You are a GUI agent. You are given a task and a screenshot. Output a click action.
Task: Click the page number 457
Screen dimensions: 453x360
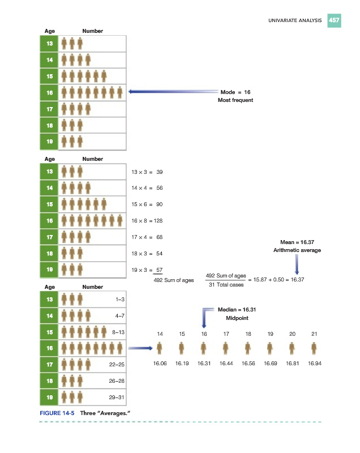click(x=334, y=20)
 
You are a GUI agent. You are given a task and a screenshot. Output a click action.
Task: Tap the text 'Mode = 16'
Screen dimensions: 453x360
click(x=235, y=91)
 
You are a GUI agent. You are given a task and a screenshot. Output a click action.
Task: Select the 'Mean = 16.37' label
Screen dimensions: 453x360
click(x=297, y=242)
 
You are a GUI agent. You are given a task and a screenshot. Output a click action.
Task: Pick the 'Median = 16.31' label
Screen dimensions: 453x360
click(x=237, y=310)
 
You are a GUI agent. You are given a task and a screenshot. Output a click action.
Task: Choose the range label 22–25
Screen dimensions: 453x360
click(x=119, y=365)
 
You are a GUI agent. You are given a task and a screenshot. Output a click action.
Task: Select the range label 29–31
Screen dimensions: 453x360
click(x=119, y=399)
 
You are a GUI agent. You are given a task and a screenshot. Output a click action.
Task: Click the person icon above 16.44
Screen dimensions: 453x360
click(x=226, y=348)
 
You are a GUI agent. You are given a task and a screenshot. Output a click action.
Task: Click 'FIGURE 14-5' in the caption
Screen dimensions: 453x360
click(x=57, y=413)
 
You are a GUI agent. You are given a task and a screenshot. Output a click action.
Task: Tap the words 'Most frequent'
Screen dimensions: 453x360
click(x=235, y=100)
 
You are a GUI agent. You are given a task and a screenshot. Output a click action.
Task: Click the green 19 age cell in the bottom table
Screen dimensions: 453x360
click(x=49, y=398)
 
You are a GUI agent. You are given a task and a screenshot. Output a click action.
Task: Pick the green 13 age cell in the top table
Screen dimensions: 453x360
click(x=49, y=43)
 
